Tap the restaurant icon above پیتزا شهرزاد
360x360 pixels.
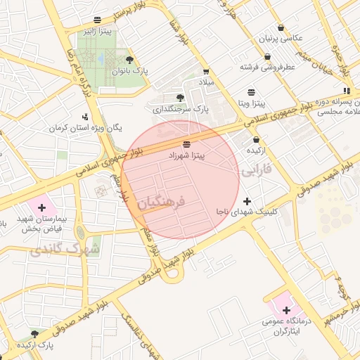point(186,144)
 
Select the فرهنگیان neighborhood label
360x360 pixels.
point(161,202)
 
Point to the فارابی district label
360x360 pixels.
point(256,171)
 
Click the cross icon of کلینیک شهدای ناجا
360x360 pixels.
point(247,202)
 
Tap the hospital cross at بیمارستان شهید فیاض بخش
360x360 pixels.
point(42,207)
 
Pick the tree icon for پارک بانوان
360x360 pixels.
point(129,60)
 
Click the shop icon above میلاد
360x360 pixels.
point(205,72)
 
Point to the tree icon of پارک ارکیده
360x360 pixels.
point(35,334)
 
